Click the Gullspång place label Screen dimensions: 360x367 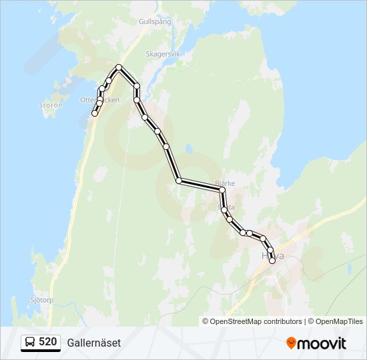[x=155, y=21]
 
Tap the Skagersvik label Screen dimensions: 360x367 [x=163, y=53]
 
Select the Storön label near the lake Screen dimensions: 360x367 [x=51, y=105]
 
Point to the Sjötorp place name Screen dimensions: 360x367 [x=41, y=300]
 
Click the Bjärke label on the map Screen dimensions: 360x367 [x=226, y=183]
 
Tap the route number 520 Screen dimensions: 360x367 [x=47, y=342]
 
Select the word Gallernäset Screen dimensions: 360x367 [x=94, y=343]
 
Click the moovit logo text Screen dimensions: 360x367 [x=322, y=343]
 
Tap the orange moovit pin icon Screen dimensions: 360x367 [x=292, y=343]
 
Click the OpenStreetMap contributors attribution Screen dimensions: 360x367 [x=252, y=321]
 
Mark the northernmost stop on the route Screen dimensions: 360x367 [x=119, y=67]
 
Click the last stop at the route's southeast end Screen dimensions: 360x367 [x=272, y=261]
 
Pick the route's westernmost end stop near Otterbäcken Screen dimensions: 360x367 [x=95, y=114]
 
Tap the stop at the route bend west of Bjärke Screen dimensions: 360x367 [x=179, y=181]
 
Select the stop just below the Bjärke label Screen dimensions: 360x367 [x=222, y=191]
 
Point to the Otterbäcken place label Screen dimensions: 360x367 [x=100, y=100]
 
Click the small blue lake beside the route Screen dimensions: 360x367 [x=189, y=147]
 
